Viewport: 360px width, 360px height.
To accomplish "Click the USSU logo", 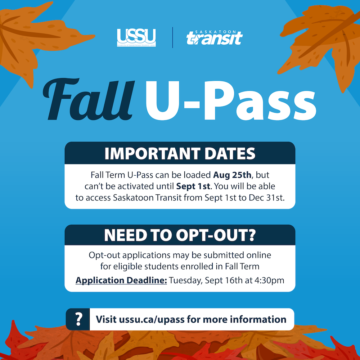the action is pyautogui.click(x=136, y=37).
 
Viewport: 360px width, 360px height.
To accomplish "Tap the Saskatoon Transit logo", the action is pyautogui.click(x=215, y=37).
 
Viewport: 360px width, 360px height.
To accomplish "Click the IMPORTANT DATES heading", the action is pyautogui.click(x=180, y=153).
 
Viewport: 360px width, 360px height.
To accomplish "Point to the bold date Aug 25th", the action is pyautogui.click(x=232, y=175).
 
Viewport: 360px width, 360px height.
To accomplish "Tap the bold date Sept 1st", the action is pyautogui.click(x=193, y=186).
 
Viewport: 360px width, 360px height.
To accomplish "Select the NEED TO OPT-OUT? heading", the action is pyautogui.click(x=180, y=235).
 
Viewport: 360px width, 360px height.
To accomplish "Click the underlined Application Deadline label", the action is pyautogui.click(x=121, y=280).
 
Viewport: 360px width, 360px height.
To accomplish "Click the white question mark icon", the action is pyautogui.click(x=78, y=319).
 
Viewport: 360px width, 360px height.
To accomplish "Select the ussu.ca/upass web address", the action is pyautogui.click(x=152, y=319).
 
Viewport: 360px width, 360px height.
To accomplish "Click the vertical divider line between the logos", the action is pyautogui.click(x=172, y=37).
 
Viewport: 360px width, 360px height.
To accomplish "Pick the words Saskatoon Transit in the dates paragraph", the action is pyautogui.click(x=147, y=198).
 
